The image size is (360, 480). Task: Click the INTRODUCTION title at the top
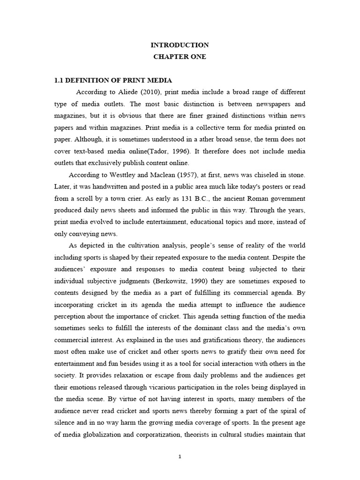coord(180,45)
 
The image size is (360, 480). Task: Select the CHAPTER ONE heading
coord(180,57)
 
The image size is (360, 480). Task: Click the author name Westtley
coord(123,175)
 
